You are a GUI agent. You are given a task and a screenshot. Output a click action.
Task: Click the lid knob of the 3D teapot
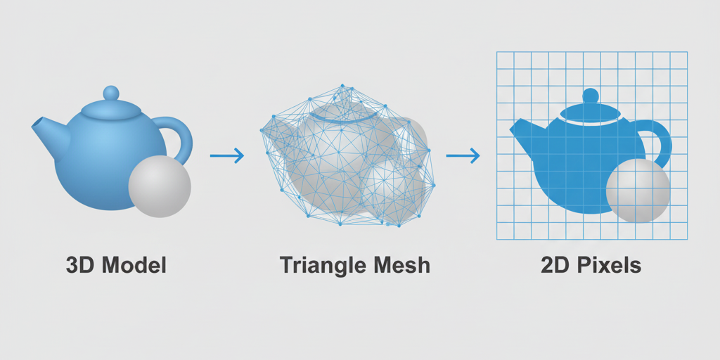(x=111, y=94)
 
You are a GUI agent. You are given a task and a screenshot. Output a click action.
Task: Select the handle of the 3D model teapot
(x=177, y=138)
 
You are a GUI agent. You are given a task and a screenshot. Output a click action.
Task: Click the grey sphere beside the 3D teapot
(x=160, y=186)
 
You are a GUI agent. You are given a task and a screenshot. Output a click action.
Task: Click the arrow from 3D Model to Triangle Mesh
(x=227, y=156)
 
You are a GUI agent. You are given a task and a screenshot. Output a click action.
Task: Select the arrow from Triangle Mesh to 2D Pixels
(x=463, y=156)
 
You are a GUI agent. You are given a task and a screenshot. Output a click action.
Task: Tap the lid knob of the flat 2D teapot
(x=591, y=96)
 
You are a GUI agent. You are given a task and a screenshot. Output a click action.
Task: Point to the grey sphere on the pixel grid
(x=638, y=190)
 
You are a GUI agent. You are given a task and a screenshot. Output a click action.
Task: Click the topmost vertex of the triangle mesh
(x=342, y=85)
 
